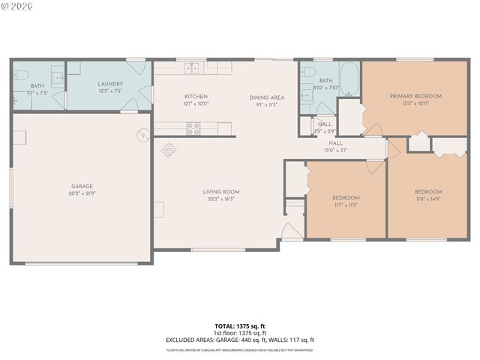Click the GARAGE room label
[82, 186]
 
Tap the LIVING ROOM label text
[221, 191]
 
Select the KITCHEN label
[196, 97]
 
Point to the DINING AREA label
[267, 97]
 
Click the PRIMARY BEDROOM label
[415, 96]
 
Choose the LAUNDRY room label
[111, 84]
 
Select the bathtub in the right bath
[349, 76]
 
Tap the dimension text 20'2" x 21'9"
[82, 193]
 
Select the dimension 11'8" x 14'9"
[428, 199]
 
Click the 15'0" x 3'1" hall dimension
[335, 150]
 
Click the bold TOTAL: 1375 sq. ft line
[240, 326]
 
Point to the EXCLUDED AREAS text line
[240, 340]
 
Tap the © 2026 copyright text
[18, 6]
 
